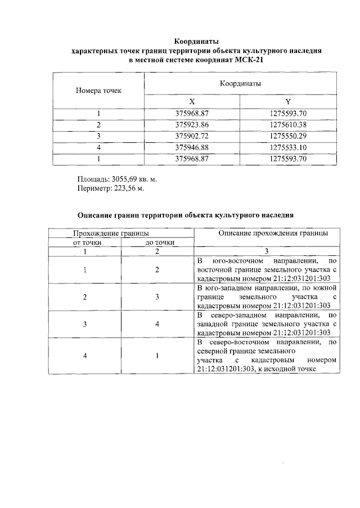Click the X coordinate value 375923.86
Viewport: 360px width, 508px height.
[x=192, y=125]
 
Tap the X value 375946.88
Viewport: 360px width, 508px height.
[x=192, y=148]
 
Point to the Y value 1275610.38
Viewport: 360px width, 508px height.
[x=287, y=125]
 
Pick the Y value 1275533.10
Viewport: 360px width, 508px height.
[x=287, y=148]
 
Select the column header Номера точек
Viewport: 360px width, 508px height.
[x=98, y=90]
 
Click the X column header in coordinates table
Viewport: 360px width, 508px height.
[x=192, y=102]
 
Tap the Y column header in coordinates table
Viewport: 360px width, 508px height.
[x=287, y=102]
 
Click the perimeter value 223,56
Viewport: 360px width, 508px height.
[x=129, y=188]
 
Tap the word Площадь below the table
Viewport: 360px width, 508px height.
[x=93, y=179]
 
